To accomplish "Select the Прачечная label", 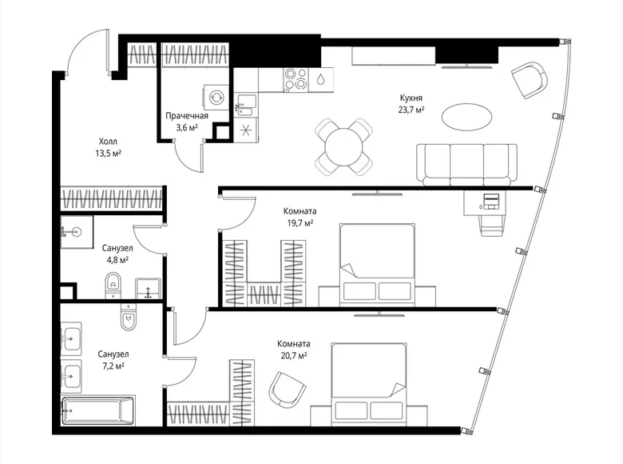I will tap(187, 115).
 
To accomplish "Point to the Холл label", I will tap(106, 138).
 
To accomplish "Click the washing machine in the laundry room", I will tap(216, 97).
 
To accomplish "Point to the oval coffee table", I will tap(466, 117).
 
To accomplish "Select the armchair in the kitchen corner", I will tap(529, 81).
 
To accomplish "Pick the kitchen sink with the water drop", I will tap(320, 79).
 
